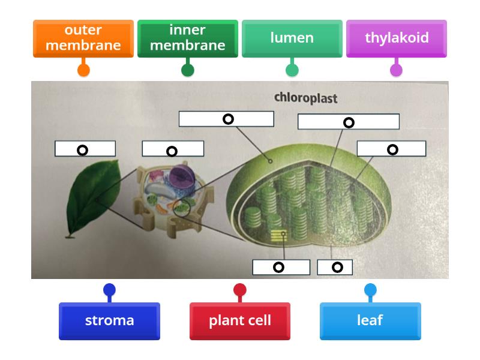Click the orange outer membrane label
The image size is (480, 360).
coord(83,38)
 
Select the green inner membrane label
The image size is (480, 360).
coord(188,38)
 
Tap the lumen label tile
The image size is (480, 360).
coord(292,38)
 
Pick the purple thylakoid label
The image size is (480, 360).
coord(397,38)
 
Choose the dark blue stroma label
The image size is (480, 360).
coord(109,321)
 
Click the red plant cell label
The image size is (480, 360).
coord(240,321)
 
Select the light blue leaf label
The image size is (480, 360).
coord(370,321)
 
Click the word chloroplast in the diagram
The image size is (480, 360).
coord(306,98)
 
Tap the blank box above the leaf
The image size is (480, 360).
coord(85,149)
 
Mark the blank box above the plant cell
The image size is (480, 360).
coord(173,149)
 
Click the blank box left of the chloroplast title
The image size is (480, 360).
coord(226,119)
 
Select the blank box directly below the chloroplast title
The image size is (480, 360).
coord(348,122)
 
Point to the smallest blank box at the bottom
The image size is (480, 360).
coord(335,267)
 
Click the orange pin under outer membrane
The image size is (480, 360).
coord(83,70)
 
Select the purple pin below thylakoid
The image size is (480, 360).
coord(397,70)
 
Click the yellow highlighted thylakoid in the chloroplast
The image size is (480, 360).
coord(277,236)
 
